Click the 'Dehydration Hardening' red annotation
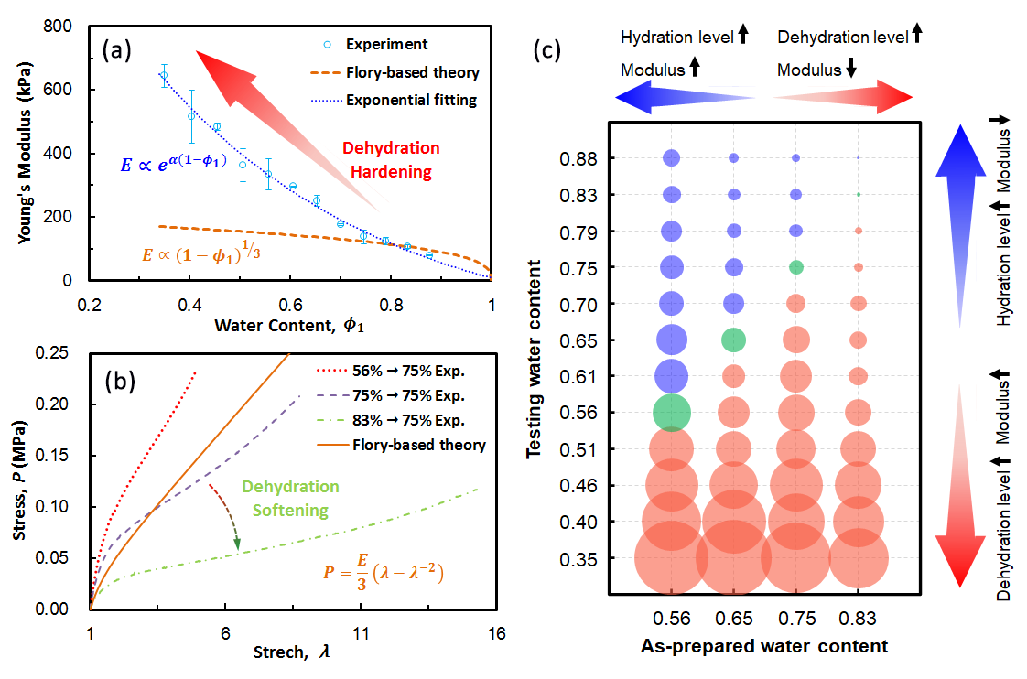point(391,160)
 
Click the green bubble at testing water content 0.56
point(672,412)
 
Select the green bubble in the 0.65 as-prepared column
point(734,339)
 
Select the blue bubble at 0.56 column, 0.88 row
point(672,158)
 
